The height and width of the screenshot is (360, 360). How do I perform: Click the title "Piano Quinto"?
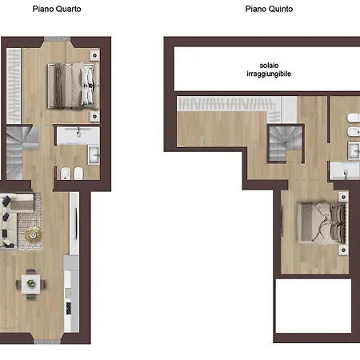click(269, 9)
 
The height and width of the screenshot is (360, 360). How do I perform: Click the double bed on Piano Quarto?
click(71, 86)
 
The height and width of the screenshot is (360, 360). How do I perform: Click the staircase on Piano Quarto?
click(22, 143)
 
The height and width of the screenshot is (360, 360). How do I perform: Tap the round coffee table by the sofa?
click(34, 234)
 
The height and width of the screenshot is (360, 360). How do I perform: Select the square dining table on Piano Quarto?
click(32, 282)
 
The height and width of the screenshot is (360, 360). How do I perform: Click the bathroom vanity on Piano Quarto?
click(78, 135)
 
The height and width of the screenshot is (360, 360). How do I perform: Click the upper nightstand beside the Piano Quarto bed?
click(95, 54)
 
